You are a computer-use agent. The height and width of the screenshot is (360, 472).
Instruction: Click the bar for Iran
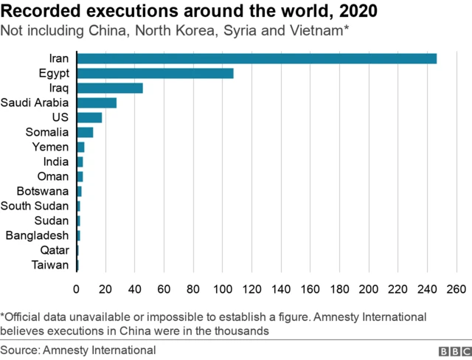(256, 58)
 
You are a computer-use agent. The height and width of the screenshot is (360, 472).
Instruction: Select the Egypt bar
(155, 73)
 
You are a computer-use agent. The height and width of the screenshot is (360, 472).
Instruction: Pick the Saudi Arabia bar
(96, 103)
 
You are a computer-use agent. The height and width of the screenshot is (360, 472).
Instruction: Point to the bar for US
(88, 117)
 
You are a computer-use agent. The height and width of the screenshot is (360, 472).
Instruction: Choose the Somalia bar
(84, 132)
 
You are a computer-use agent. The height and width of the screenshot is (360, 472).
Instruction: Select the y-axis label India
(56, 162)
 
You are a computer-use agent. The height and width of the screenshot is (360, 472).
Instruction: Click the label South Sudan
(35, 206)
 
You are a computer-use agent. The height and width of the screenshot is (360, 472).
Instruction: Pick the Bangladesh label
(37, 235)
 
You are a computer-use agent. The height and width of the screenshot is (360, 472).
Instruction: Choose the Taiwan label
(51, 265)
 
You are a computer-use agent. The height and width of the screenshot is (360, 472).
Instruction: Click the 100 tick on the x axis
(222, 288)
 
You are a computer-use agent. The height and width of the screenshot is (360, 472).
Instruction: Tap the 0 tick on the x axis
(76, 288)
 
